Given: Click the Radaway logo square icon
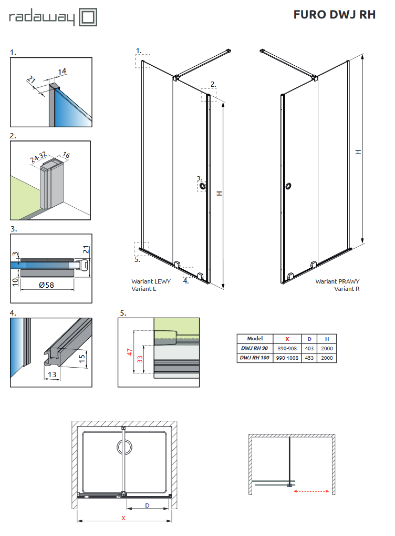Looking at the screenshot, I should [x=88, y=17].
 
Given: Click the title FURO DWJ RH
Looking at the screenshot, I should [x=334, y=15].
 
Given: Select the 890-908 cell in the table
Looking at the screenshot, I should [x=287, y=348].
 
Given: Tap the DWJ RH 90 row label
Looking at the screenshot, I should [x=255, y=348].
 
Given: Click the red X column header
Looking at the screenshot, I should [x=287, y=339].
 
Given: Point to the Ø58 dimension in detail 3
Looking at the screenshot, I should [x=48, y=285].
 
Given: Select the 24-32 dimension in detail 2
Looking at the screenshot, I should [x=38, y=158].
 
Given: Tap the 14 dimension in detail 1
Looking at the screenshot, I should [x=62, y=70].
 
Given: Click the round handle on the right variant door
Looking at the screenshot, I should [x=288, y=186].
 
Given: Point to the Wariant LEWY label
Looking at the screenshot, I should [x=148, y=281].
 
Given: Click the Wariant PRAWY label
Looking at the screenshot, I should [x=337, y=281].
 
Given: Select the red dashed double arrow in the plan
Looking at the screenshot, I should [x=311, y=492].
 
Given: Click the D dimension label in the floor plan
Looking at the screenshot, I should [x=148, y=505].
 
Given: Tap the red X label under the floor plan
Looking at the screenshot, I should [x=123, y=518].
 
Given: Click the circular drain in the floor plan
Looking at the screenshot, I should [x=124, y=448].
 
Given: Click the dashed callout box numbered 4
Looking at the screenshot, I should [x=189, y=271].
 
